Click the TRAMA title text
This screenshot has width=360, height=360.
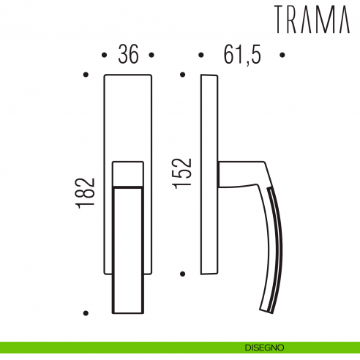[312, 20]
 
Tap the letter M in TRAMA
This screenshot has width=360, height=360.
[324, 20]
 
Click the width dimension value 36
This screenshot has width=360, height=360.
[128, 56]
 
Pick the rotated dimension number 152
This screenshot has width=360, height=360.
[184, 173]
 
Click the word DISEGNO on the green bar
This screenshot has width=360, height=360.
[266, 348]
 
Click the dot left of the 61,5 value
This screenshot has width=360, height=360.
[200, 55]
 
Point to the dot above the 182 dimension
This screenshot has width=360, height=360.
[86, 74]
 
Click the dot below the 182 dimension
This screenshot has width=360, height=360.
[86, 313]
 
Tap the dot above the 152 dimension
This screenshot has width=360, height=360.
[183, 74]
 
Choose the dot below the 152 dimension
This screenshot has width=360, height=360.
[183, 272]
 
